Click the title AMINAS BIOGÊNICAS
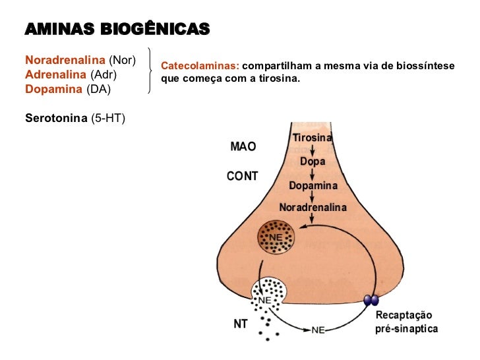click(117, 29)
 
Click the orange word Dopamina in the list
click(53, 88)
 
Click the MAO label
click(243, 147)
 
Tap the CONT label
click(242, 176)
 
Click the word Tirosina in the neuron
click(313, 138)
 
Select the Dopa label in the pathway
click(313, 161)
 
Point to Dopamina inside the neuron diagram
click(313, 186)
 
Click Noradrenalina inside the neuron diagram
click(313, 207)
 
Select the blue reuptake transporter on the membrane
click(372, 301)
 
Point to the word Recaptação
click(404, 315)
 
